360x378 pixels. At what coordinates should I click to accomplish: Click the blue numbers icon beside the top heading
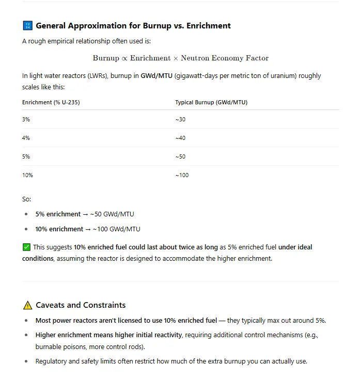(x=27, y=26)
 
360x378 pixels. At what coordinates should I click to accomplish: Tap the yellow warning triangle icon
(x=27, y=305)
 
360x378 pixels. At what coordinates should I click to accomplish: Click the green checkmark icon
(x=27, y=247)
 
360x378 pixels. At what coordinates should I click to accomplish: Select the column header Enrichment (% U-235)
(x=51, y=102)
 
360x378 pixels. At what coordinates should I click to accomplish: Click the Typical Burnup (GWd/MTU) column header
(x=211, y=102)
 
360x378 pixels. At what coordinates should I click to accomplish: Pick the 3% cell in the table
(x=26, y=119)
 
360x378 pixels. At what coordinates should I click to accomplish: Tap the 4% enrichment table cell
(x=26, y=138)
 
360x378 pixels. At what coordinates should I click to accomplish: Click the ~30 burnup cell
(x=180, y=119)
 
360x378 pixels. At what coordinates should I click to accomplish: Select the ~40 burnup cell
(x=180, y=138)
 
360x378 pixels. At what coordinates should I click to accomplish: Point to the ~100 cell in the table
(x=182, y=175)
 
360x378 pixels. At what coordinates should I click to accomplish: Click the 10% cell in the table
(x=27, y=175)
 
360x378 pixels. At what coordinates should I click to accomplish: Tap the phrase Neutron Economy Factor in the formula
(x=225, y=58)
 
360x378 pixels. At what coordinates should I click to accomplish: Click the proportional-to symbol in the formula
(x=124, y=58)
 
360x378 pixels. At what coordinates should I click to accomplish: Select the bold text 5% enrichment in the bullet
(x=56, y=214)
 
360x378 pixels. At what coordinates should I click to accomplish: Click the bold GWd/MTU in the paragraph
(x=156, y=76)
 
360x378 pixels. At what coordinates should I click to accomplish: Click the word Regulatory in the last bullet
(x=52, y=361)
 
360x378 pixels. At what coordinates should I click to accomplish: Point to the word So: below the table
(x=26, y=199)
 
